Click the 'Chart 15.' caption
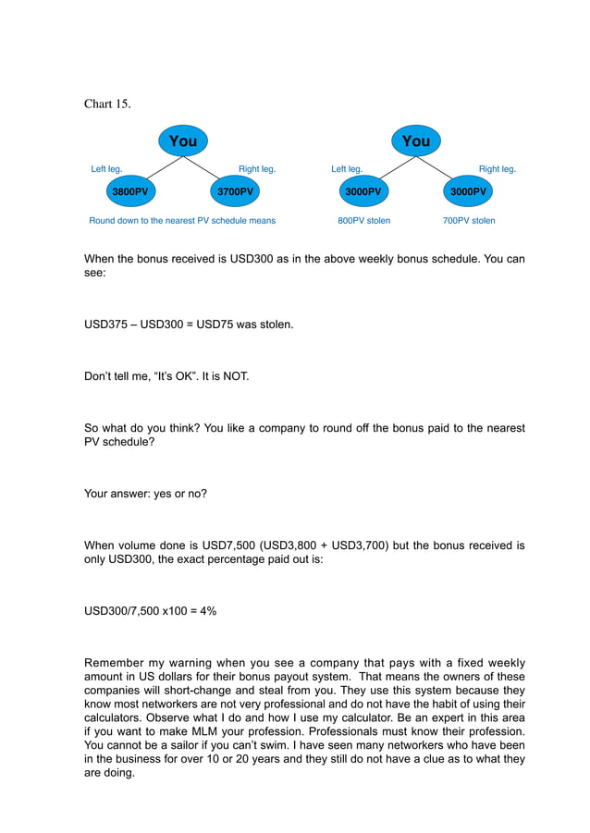point(107,104)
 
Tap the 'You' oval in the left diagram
point(183,141)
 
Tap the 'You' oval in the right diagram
point(416,141)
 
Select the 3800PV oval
point(129,191)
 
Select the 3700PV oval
point(235,191)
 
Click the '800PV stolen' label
point(363,221)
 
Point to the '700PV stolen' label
point(469,221)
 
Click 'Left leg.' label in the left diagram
point(106,169)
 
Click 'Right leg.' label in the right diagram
point(497,169)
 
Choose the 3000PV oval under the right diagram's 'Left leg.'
point(363,191)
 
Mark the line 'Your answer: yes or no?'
point(145,494)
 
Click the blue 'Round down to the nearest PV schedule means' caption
point(182,221)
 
